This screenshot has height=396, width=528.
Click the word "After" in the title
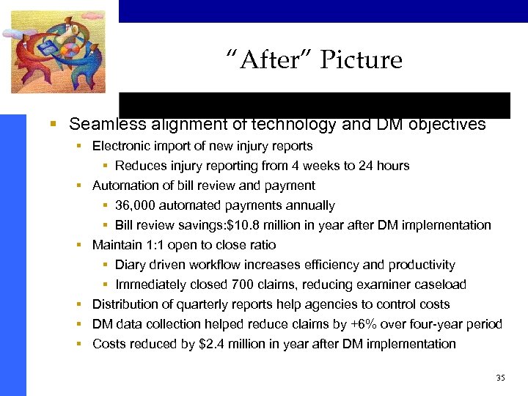(262, 60)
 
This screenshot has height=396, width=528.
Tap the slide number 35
(501, 378)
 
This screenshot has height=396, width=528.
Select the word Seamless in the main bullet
(106, 124)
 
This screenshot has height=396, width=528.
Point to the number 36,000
(136, 205)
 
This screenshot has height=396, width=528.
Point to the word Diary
(131, 265)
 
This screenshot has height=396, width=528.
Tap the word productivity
(422, 265)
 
